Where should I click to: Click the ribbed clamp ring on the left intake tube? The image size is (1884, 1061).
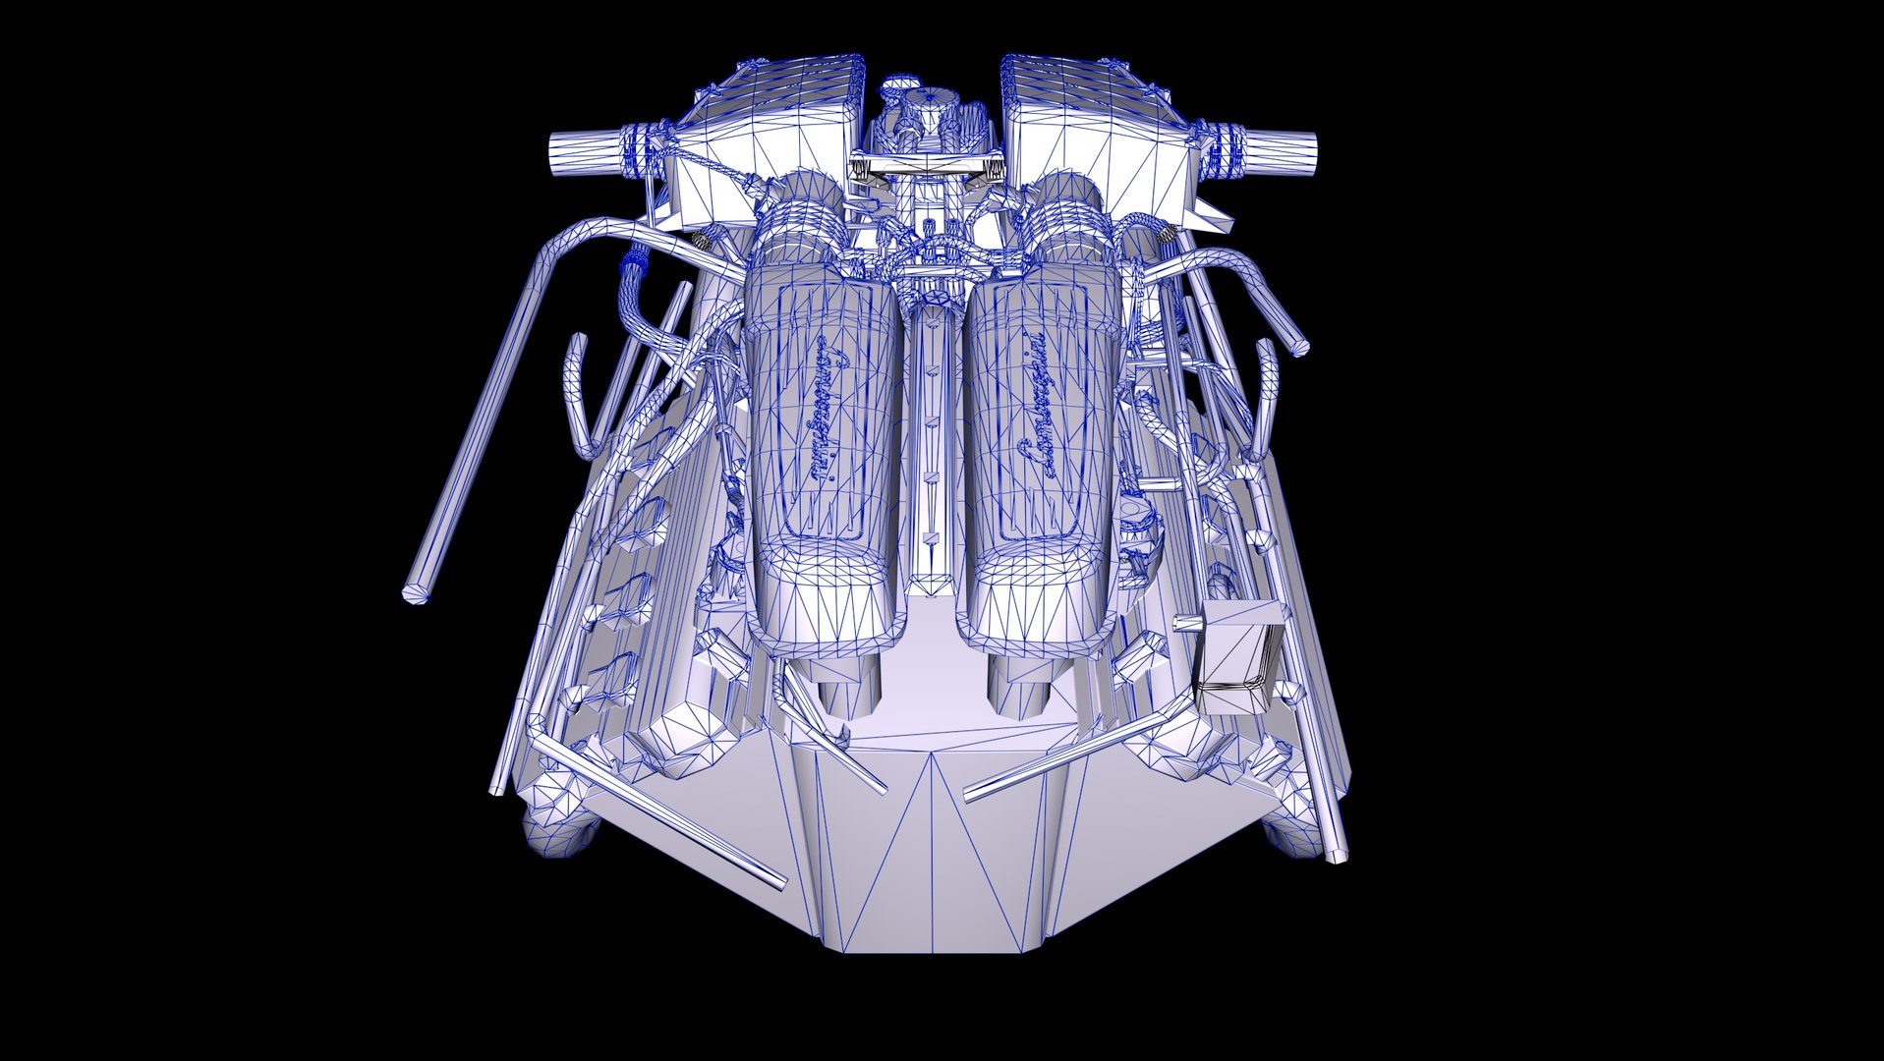click(645, 147)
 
